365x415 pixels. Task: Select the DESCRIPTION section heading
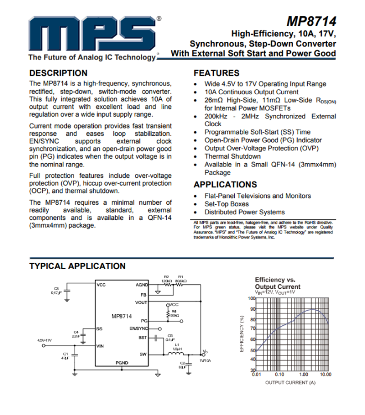[58, 73]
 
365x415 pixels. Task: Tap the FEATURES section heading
[216, 73]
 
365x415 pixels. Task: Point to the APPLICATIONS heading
[225, 185]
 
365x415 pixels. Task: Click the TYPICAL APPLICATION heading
[77, 266]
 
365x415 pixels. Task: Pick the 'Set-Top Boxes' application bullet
[226, 204]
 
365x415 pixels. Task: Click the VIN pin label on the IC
[101, 346]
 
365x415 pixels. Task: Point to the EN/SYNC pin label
[139, 328]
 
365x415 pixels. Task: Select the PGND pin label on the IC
[122, 363]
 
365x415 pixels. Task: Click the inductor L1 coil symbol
[176, 354]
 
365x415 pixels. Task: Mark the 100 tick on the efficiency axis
[252, 298]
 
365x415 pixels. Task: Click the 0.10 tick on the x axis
[279, 374]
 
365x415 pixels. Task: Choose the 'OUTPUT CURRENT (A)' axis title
[290, 382]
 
